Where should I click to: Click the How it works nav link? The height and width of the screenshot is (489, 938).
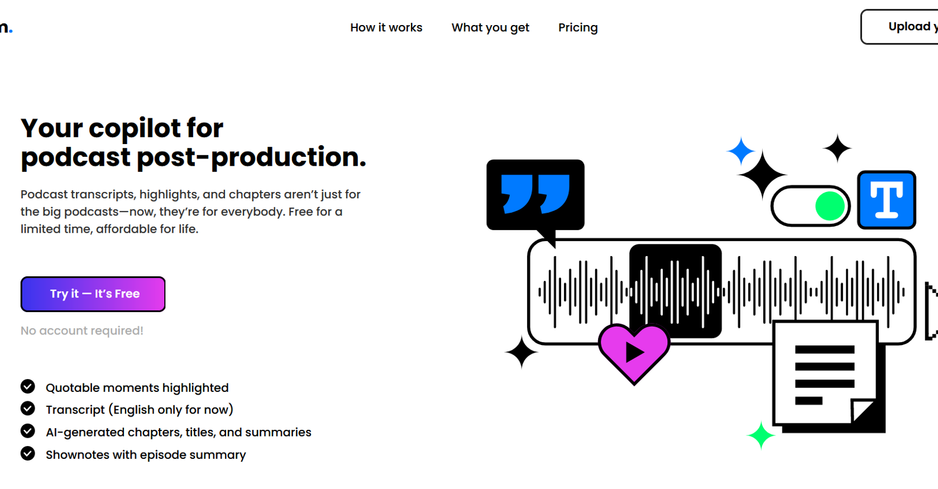pos(386,28)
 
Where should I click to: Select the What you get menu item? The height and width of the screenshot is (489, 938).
pos(490,28)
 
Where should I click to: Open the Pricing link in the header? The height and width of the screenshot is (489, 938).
pos(578,28)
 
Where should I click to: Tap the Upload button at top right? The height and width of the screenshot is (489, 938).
pos(899,27)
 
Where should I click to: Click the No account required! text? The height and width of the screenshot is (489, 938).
pos(82,330)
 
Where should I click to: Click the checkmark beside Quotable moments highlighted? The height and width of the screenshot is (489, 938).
pos(28,386)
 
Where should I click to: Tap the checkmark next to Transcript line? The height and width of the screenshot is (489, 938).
pos(28,408)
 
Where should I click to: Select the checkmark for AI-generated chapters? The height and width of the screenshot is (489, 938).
pos(28,431)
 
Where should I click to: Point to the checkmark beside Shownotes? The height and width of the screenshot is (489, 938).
pos(28,453)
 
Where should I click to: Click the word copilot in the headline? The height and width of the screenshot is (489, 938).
pos(135,128)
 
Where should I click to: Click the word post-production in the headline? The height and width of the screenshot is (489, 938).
pos(251,157)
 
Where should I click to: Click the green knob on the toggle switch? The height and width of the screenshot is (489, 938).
pos(830,206)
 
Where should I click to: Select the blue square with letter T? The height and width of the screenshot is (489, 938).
pos(887,200)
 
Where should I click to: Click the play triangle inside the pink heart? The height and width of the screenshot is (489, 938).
pos(634,353)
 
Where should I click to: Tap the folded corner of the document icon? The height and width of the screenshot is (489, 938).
pos(863,411)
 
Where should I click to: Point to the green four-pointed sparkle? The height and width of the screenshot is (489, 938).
pos(761,435)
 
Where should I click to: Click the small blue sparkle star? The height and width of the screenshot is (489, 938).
pos(741,151)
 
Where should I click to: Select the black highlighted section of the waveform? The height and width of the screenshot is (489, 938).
pos(676,291)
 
